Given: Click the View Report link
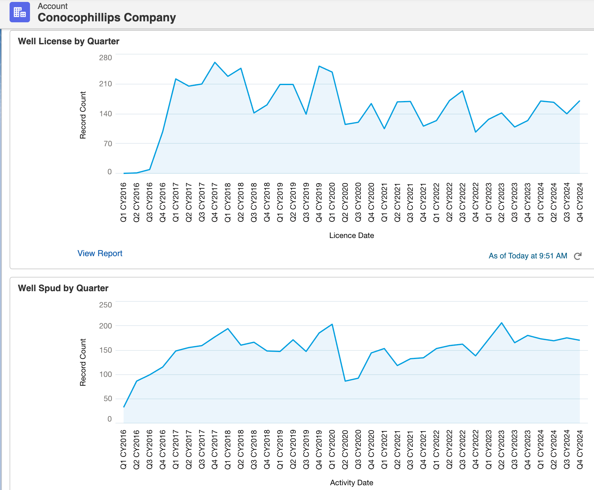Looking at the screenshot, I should click(100, 253).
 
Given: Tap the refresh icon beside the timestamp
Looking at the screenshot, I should click(578, 256).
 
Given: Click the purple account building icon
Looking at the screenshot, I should click(20, 12).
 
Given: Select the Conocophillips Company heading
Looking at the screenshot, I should click(107, 18).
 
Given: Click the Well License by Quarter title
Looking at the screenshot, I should click(69, 41).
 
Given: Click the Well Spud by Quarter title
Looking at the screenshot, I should click(63, 288).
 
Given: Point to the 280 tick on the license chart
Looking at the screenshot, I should click(106, 58).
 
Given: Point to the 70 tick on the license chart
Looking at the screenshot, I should click(108, 144).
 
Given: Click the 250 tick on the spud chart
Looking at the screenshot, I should click(106, 305).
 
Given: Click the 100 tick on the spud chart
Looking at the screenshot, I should click(106, 374).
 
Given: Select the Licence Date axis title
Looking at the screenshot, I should click(352, 235).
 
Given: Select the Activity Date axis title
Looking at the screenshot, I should click(352, 483).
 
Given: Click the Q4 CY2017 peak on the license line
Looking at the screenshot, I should click(215, 62).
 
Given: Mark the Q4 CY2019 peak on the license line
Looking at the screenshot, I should click(319, 66).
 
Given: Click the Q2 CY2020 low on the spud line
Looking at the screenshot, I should click(345, 381).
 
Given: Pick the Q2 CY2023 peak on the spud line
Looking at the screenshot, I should click(501, 323).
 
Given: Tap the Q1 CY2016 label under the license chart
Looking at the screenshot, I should click(123, 202).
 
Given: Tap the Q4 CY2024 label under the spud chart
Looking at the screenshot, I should click(580, 449).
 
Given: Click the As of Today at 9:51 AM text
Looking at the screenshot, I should click(528, 256).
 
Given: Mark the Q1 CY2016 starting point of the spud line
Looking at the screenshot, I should click(124, 407).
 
